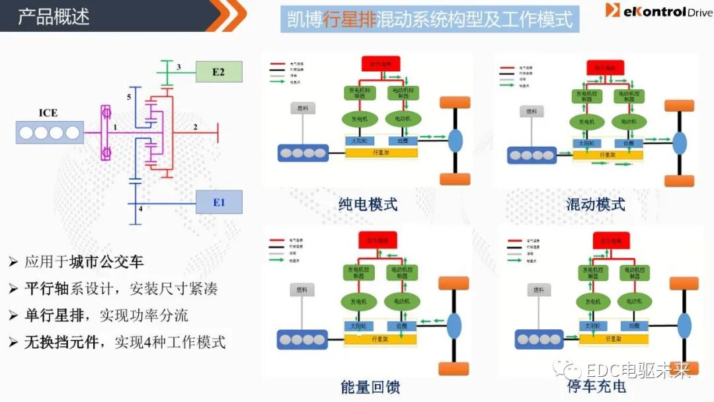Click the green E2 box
pos(219,71)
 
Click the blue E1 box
pos(219,202)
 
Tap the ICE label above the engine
pos(48,113)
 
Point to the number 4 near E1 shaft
pos(140,209)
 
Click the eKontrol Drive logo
pos(658,11)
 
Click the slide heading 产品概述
pos(54,16)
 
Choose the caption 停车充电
pos(596,386)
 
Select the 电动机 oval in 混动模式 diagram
pos(624,122)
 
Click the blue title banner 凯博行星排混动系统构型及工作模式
pos(430,19)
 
